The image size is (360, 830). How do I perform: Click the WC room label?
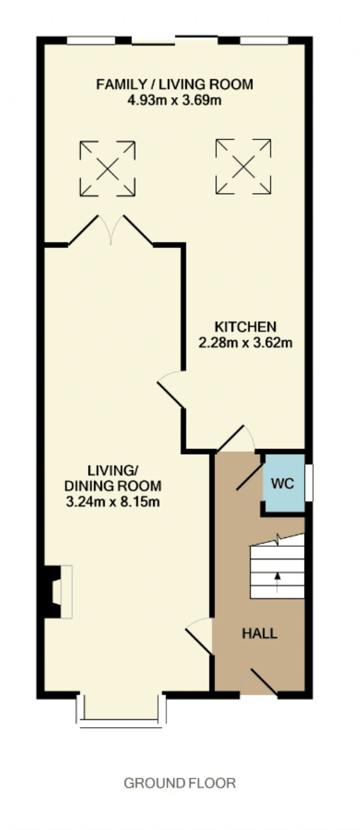(x=283, y=484)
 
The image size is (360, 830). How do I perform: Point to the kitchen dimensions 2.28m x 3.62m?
(x=245, y=343)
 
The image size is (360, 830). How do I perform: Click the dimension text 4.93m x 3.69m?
(x=175, y=100)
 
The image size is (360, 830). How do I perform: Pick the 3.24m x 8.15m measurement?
(x=113, y=502)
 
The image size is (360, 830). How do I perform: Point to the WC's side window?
(x=309, y=483)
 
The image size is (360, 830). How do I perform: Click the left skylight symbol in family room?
(x=108, y=169)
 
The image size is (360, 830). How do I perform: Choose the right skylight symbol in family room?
(x=243, y=167)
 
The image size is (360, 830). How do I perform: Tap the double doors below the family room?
(x=111, y=230)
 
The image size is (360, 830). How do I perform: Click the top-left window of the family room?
(x=91, y=40)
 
